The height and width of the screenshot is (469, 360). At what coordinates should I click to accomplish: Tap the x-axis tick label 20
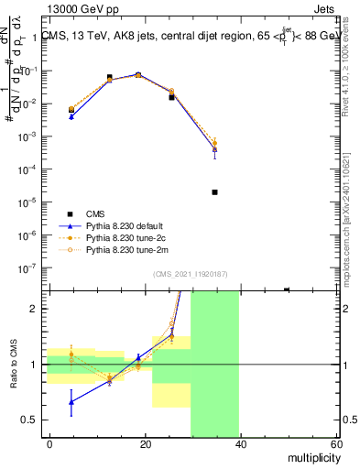click(146, 443)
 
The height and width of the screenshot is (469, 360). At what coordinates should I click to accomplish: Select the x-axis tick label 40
click(241, 443)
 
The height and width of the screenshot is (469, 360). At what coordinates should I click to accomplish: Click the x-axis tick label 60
click(336, 443)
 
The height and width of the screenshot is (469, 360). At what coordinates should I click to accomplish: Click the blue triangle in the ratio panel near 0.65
click(71, 401)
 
